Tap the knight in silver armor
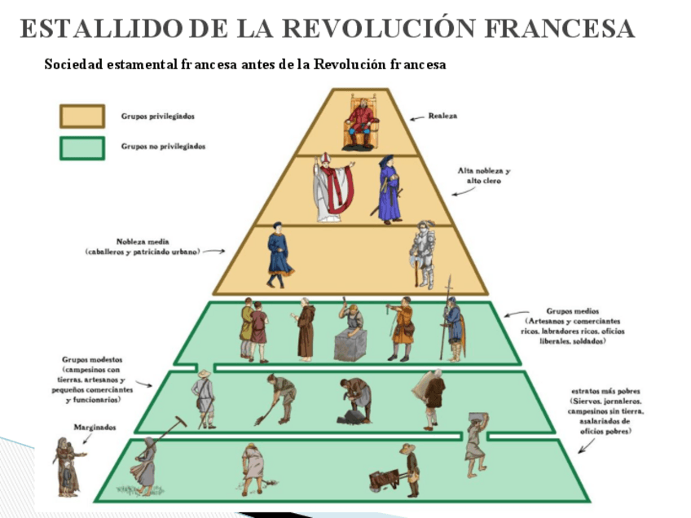pos(423,253)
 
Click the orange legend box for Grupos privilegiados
pos(81,116)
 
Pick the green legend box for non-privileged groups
pos(81,147)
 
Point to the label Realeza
pos(442,116)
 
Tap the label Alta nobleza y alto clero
pos(483,176)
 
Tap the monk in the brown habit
pos(306,329)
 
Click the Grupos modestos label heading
pos(93,359)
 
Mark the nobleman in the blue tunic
pos(278,253)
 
